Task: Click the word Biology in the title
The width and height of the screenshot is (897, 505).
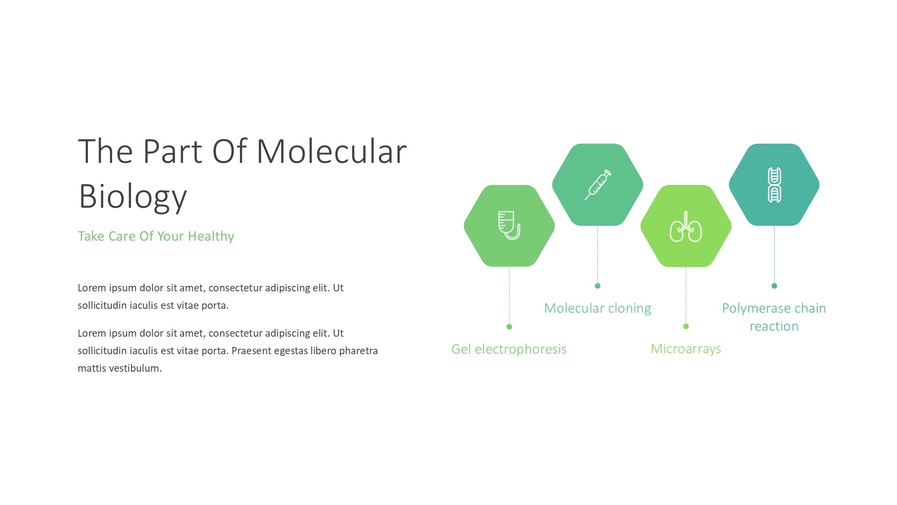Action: point(133,197)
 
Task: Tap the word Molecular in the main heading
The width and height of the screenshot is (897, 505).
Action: point(332,151)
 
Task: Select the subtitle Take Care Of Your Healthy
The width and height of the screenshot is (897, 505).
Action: point(156,236)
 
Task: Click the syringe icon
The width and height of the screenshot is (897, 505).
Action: point(598,184)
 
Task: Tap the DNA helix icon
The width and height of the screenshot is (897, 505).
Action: point(774,184)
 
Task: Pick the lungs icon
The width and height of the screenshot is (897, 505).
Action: point(686,226)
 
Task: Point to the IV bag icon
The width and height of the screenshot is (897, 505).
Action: point(509,225)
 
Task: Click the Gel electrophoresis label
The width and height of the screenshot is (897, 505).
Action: point(509,349)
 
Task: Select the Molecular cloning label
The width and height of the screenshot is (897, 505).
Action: point(597,308)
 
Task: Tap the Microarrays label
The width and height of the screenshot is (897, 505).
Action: point(686,349)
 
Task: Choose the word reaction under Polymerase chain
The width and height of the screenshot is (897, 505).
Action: point(774,326)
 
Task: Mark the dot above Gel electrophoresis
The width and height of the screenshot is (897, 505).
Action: point(509,327)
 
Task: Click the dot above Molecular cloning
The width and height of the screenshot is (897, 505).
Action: point(597,286)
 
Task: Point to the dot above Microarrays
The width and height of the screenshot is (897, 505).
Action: point(686,326)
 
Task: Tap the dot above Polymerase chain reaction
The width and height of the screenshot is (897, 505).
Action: point(774,286)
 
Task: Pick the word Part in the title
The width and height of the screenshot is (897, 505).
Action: point(173,151)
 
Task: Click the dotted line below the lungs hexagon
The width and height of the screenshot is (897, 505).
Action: point(686,295)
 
